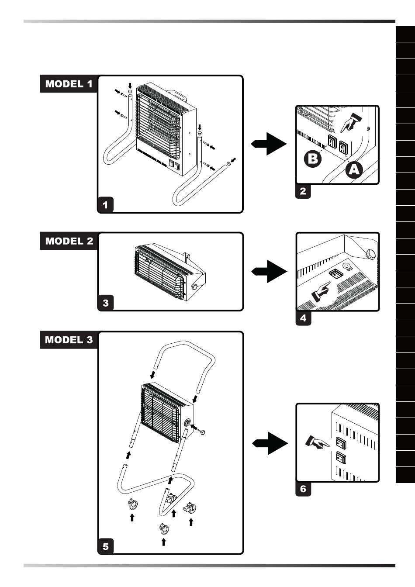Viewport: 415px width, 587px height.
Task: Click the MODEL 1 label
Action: pos(69,84)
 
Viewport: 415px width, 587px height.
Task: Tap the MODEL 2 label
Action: pos(69,241)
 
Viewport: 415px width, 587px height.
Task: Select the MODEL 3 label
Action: pos(69,340)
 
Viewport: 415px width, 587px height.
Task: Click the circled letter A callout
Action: pos(354,169)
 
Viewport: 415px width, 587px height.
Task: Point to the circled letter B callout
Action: pos(313,159)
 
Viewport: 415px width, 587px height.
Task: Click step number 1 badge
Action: pos(105,204)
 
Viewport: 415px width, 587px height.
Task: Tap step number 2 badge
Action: pos(303,191)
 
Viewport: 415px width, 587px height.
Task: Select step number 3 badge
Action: pos(105,302)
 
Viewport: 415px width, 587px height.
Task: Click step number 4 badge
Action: pos(303,318)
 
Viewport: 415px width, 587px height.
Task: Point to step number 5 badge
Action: pos(105,546)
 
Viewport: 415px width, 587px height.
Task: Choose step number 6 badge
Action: pos(303,489)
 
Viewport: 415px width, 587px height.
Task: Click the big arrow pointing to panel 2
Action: pos(269,144)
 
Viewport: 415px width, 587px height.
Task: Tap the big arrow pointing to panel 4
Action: pos(269,271)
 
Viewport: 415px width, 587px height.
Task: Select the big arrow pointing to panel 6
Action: pos(270,443)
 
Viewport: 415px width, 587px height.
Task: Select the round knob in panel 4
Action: pos(370,253)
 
